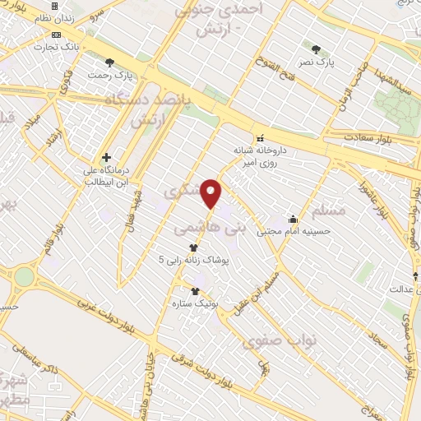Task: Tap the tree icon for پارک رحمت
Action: [109, 62]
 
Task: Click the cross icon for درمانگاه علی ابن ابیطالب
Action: [106, 157]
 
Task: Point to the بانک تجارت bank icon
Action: [56, 35]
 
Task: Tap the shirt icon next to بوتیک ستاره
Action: [195, 291]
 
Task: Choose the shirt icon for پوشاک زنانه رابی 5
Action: [193, 247]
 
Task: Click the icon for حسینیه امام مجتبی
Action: [294, 220]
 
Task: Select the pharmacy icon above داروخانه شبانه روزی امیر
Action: [260, 138]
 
